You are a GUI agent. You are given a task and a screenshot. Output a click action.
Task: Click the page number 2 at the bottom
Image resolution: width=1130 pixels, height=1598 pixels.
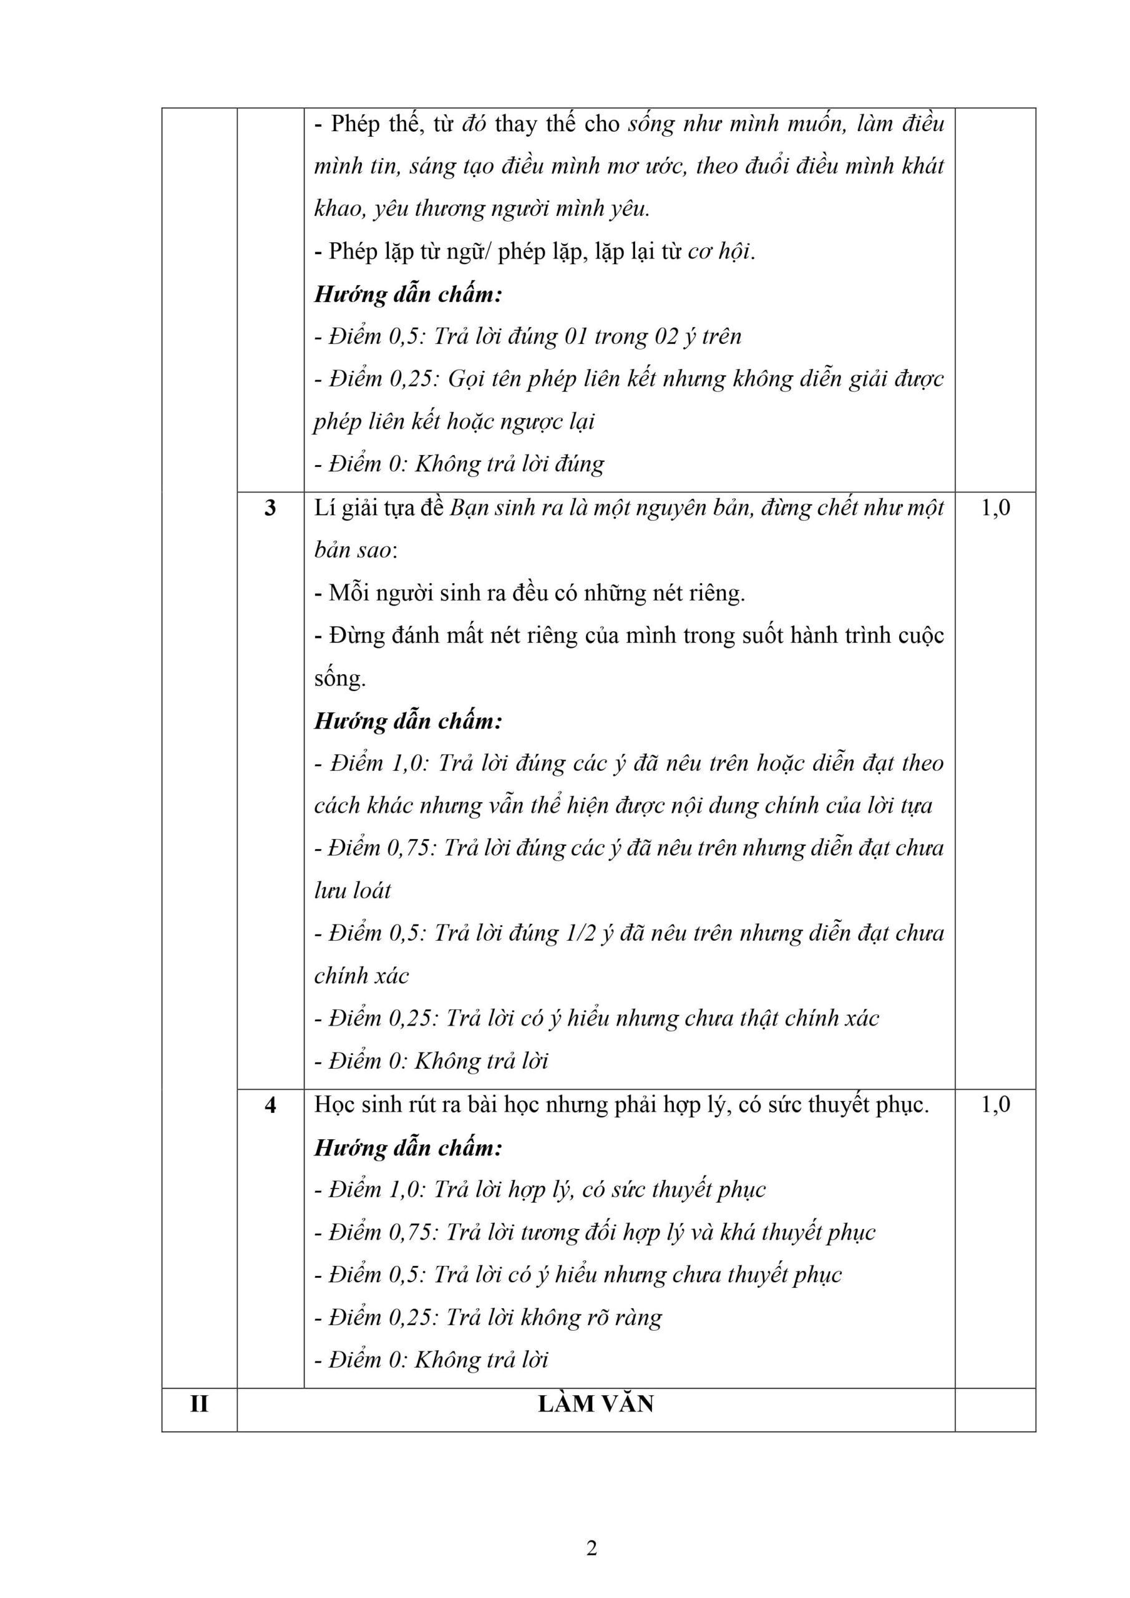[x=592, y=1549]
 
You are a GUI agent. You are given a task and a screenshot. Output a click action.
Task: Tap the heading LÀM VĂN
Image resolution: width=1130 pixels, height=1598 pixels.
[x=596, y=1404]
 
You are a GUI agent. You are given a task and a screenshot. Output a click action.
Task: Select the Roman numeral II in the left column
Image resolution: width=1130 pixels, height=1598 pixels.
[x=199, y=1404]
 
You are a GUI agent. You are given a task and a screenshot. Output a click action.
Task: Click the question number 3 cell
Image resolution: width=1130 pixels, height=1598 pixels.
[x=270, y=509]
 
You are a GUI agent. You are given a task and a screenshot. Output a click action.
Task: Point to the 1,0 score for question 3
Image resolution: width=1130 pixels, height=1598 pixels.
[x=995, y=508]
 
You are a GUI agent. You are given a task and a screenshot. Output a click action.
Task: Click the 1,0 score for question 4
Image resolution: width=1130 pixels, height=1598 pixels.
[x=995, y=1104]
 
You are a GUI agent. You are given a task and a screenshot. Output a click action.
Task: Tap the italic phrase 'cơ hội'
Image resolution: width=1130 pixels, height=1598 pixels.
[x=719, y=252]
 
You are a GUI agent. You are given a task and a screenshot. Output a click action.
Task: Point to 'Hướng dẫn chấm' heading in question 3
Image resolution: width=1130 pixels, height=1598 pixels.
[x=407, y=721]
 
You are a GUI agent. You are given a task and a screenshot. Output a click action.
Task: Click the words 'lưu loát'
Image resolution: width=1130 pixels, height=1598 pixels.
[x=353, y=891]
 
